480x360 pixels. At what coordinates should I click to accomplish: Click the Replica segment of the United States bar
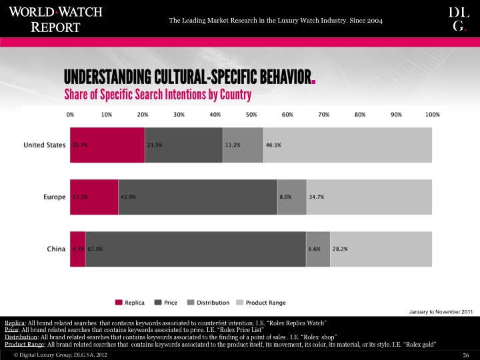click(107, 145)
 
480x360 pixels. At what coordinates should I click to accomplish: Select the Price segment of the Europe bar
click(197, 197)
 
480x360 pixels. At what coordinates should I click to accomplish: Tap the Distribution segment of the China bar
click(318, 249)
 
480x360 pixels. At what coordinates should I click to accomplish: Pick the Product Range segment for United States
click(347, 145)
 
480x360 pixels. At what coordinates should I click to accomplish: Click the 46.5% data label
click(273, 145)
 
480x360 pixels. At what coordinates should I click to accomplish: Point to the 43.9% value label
click(128, 197)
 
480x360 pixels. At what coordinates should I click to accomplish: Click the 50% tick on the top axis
click(251, 115)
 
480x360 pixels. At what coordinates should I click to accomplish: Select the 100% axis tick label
click(432, 115)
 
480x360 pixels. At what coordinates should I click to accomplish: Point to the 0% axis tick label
click(71, 115)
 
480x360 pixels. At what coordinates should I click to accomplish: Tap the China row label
click(56, 249)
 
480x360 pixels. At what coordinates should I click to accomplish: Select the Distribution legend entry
click(209, 303)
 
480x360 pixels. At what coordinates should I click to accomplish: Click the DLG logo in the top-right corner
click(458, 19)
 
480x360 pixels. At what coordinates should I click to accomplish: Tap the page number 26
click(466, 356)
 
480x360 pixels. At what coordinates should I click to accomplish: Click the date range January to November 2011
click(440, 311)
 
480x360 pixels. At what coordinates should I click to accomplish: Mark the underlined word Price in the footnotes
click(11, 329)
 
